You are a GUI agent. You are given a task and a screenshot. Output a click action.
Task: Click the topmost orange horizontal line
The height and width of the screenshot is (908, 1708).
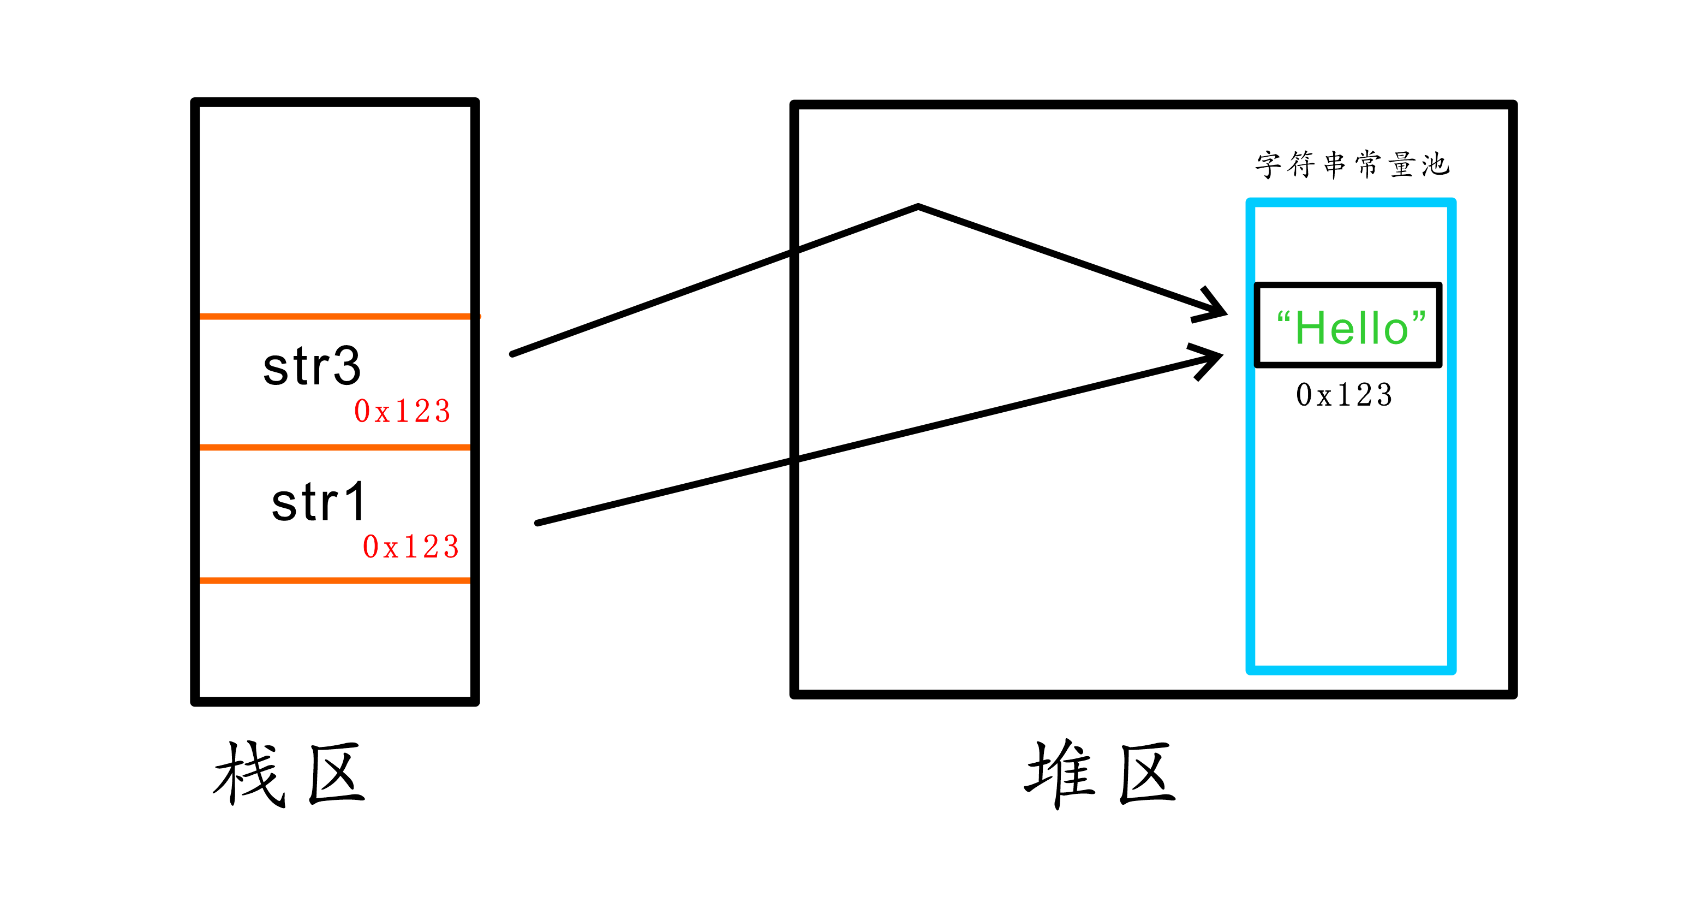pos(335,316)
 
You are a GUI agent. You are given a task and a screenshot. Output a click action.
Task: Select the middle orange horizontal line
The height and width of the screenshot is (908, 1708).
pos(335,448)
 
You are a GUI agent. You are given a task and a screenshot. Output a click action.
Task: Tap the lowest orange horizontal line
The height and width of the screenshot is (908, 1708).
pos(335,581)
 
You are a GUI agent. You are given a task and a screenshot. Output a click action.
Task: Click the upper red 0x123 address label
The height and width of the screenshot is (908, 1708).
pos(403,411)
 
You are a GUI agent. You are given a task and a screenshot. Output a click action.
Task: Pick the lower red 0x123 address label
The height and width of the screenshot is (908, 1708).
pos(411,547)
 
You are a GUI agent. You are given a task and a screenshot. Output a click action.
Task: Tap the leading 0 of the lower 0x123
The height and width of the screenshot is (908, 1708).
pos(371,547)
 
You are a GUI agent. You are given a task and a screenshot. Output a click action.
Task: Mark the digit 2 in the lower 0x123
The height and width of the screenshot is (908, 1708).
pos(431,547)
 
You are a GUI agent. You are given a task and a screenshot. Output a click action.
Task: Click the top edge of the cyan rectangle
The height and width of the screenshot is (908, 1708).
pos(1351,203)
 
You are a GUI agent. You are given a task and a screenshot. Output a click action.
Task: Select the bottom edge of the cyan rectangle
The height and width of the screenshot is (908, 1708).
pos(1351,670)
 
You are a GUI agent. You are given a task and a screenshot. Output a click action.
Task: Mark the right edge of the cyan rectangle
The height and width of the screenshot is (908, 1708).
pos(1452,438)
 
